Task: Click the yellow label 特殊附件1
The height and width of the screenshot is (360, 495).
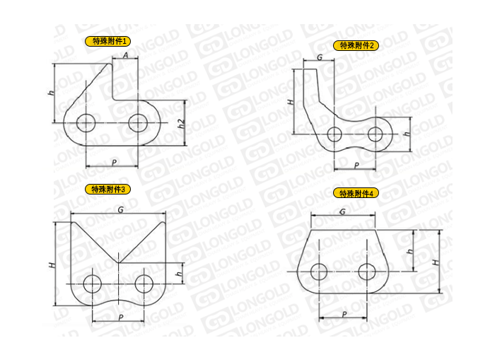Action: click(107, 41)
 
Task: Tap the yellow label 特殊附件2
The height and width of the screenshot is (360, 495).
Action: click(356, 45)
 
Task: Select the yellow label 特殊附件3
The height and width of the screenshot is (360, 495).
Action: click(107, 189)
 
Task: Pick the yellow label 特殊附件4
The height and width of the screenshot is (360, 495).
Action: click(356, 193)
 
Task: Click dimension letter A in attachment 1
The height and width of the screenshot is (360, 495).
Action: click(126, 55)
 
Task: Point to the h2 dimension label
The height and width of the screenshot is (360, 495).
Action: click(181, 124)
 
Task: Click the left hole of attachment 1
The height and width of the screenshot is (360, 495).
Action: click(86, 123)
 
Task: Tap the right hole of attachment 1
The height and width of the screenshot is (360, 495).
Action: click(138, 123)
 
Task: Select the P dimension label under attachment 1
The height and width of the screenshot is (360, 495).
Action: click(114, 162)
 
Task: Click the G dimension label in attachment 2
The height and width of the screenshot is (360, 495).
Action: click(320, 57)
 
